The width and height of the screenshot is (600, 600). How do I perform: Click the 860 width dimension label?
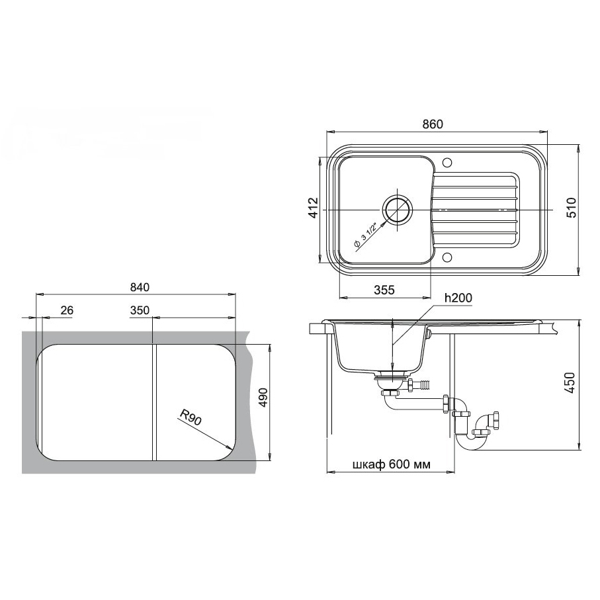(x=433, y=124)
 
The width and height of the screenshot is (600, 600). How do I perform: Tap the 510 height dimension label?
(x=571, y=208)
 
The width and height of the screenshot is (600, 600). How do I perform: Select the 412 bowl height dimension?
(x=314, y=208)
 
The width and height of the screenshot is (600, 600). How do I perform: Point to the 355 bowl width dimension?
(x=384, y=290)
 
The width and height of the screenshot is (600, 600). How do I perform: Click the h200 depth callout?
(x=458, y=298)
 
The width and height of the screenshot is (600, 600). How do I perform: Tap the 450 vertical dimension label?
(x=570, y=383)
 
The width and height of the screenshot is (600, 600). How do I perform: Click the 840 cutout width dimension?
(x=140, y=287)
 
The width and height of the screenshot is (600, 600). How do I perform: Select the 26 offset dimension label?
(x=67, y=310)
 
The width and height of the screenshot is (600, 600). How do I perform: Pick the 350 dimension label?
(x=140, y=310)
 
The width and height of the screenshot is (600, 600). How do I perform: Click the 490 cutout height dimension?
(x=263, y=398)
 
